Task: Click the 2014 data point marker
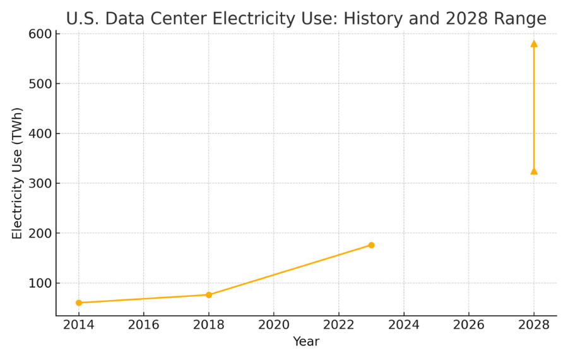[79, 303]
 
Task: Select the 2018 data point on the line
[209, 295]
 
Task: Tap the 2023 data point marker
[371, 245]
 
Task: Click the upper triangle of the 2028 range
[534, 44]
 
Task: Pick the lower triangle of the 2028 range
[534, 171]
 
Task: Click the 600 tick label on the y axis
[40, 34]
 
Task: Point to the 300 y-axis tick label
[40, 183]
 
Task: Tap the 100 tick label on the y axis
[40, 283]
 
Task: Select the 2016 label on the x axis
[143, 325]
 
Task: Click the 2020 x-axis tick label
[273, 325]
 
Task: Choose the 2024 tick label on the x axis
[403, 325]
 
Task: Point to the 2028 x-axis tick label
[533, 325]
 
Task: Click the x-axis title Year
[306, 342]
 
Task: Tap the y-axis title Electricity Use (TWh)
[17, 173]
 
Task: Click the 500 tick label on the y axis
[40, 84]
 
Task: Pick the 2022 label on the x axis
[338, 325]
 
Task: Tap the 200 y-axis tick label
[40, 234]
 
